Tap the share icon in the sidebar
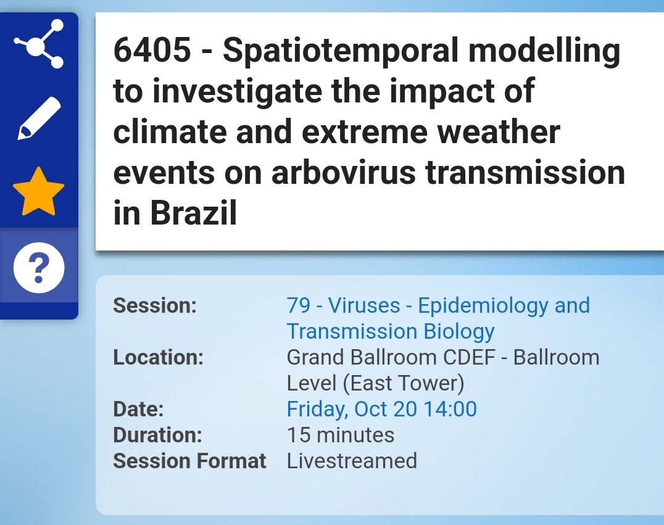39,44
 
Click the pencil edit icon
39,118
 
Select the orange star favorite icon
39,191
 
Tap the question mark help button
39,267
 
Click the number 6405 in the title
152,51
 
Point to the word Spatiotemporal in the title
341,51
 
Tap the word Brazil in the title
194,213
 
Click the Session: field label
154,305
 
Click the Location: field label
158,357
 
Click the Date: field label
138,409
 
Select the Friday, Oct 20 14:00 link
381,409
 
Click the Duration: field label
157,435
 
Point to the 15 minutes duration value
340,435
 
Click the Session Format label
189,461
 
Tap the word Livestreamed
352,461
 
